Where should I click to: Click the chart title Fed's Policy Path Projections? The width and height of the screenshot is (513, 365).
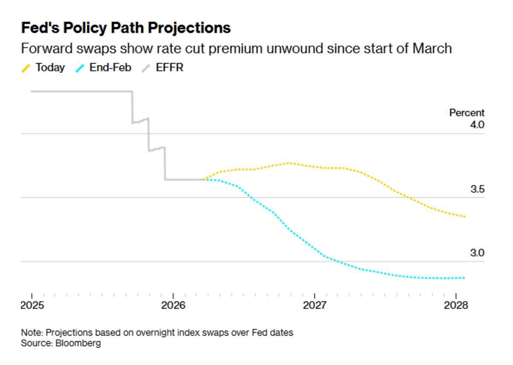pyautogui.click(x=126, y=28)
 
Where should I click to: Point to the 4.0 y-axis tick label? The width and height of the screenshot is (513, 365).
pyautogui.click(x=477, y=125)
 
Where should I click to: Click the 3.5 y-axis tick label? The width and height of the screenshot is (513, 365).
pyautogui.click(x=477, y=189)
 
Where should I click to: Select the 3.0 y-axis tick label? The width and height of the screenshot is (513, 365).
pyautogui.click(x=477, y=253)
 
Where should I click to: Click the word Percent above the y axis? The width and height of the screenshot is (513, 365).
pyautogui.click(x=466, y=113)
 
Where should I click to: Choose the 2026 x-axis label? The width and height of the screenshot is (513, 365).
pyautogui.click(x=173, y=306)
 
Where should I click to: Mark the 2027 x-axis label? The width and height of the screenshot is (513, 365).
pyautogui.click(x=314, y=306)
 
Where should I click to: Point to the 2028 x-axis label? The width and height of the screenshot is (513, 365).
pyautogui.click(x=456, y=306)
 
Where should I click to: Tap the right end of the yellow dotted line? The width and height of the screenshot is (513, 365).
pyautogui.click(x=465, y=217)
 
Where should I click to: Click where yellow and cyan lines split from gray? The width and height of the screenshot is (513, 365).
pyautogui.click(x=203, y=180)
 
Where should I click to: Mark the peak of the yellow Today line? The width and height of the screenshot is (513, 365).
pyautogui.click(x=289, y=163)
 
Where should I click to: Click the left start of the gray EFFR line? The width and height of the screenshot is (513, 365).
pyautogui.click(x=32, y=91)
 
